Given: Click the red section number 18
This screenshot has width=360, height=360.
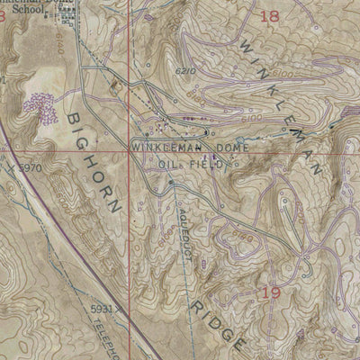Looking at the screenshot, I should pyautogui.click(x=269, y=15).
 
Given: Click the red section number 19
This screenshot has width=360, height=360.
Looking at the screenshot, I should pyautogui.click(x=269, y=293).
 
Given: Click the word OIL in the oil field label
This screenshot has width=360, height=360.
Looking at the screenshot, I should pyautogui.click(x=168, y=165).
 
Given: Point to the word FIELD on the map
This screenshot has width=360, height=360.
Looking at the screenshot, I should pyautogui.click(x=204, y=165).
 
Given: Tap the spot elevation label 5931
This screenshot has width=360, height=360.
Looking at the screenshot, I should pyautogui.click(x=102, y=309).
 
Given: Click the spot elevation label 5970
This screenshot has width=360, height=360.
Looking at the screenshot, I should pyautogui.click(x=30, y=168).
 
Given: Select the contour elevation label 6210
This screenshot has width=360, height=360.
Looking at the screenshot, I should pyautogui.click(x=186, y=70).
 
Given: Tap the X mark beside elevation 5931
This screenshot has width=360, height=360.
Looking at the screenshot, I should pyautogui.click(x=120, y=309).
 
